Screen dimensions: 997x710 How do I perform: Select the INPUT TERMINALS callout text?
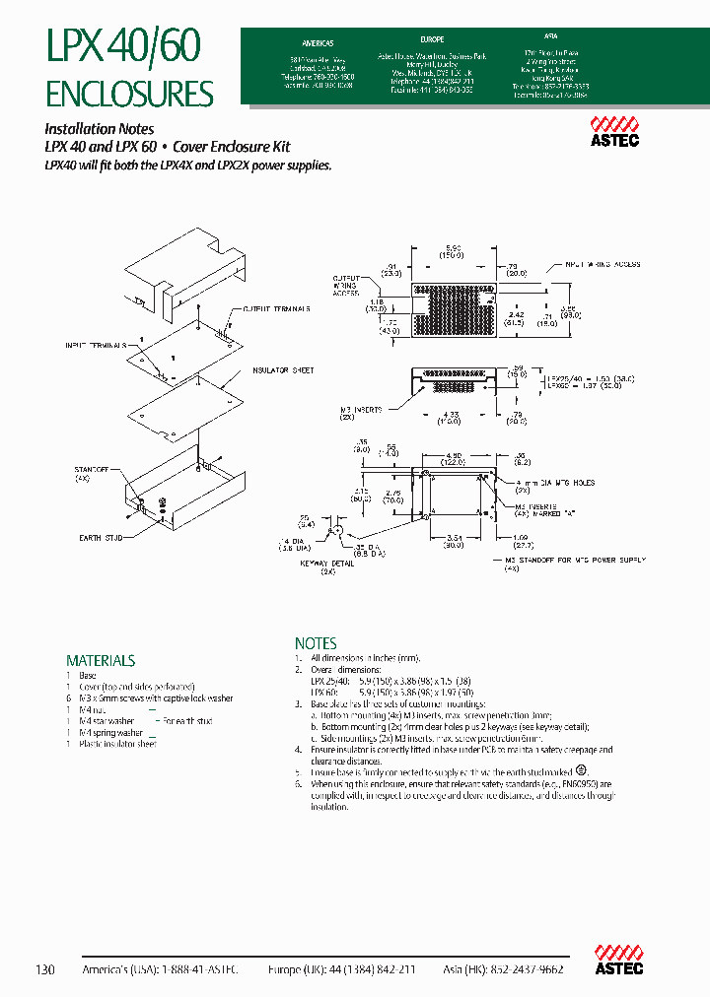pyautogui.click(x=96, y=346)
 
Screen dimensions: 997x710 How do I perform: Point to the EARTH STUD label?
pyautogui.click(x=99, y=538)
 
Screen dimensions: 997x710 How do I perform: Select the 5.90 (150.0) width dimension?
pyautogui.click(x=452, y=252)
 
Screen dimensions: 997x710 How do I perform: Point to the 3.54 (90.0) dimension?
pyautogui.click(x=452, y=542)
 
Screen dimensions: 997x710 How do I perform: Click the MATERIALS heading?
pyautogui.click(x=100, y=660)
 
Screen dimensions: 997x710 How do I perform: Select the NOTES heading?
pyautogui.click(x=316, y=642)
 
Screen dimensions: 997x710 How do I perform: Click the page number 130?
pyautogui.click(x=45, y=969)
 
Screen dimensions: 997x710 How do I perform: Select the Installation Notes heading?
pyautogui.click(x=100, y=128)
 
